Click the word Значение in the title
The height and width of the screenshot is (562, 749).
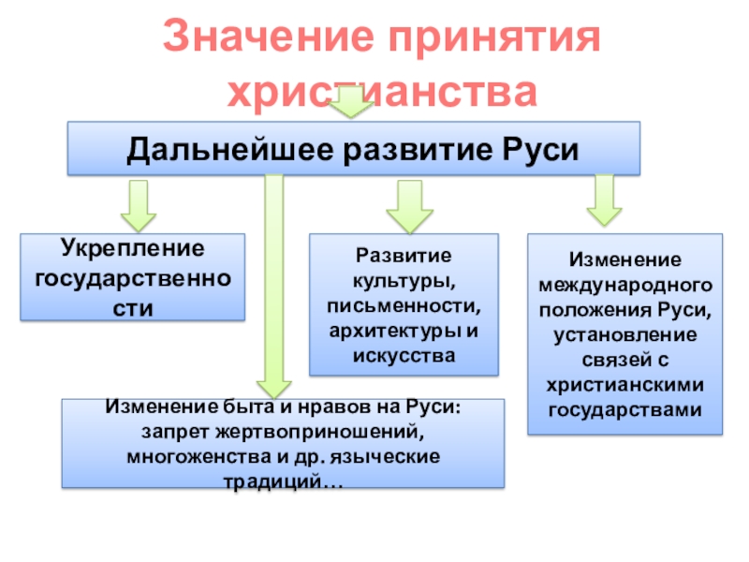coord(268,37)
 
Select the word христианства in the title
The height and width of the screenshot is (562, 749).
coord(382,93)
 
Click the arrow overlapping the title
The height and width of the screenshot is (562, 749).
coord(351,101)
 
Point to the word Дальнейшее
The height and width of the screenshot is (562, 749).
coord(230,150)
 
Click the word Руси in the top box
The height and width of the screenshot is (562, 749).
coord(540,150)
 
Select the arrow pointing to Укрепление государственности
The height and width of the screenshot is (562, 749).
coord(139,206)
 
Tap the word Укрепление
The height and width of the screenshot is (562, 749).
coord(133,249)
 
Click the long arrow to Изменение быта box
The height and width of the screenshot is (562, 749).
coord(273,287)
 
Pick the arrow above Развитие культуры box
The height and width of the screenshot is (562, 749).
coord(409,207)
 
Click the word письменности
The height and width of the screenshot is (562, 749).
coord(404,306)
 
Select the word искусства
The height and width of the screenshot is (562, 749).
coord(404,356)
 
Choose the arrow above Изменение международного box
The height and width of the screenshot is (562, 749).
coord(604,200)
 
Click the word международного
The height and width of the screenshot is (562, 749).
coord(625,286)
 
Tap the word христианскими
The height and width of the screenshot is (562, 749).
coord(624,385)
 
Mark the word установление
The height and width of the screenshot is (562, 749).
coord(624,335)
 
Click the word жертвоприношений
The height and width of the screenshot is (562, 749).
coord(319,433)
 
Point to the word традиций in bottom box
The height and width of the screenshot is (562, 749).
coord(272,481)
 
